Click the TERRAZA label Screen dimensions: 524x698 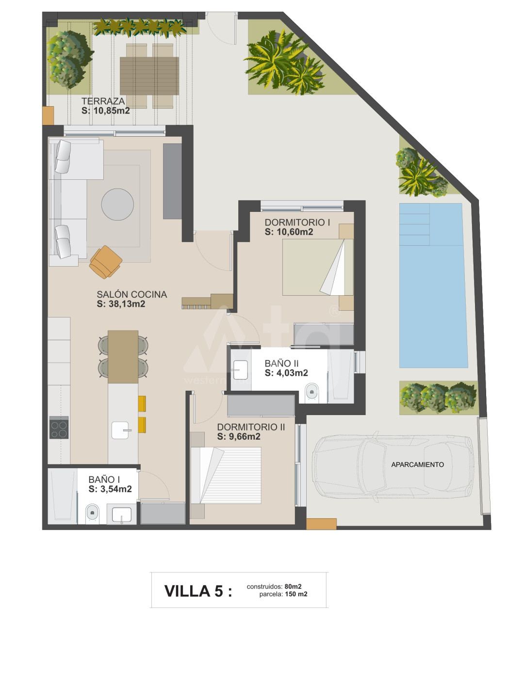(x=103, y=101)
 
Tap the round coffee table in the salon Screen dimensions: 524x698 (x=117, y=204)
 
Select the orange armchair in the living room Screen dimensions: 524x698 (x=106, y=262)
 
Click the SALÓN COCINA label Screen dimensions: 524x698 (x=131, y=294)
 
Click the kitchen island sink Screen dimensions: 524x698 (x=121, y=430)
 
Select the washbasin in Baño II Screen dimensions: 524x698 (x=240, y=370)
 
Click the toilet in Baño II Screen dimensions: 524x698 (x=311, y=393)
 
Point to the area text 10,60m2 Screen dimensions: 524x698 (x=295, y=232)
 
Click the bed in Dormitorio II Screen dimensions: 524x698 (x=226, y=476)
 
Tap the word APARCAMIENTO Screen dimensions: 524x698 (x=417, y=464)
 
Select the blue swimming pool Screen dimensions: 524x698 (x=433, y=285)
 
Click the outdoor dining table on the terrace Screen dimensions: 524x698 (x=149, y=76)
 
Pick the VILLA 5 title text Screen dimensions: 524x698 (x=198, y=591)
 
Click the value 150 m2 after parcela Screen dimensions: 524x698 (x=296, y=594)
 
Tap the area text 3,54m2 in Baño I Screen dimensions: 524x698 (x=116, y=489)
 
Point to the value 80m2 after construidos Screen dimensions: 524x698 (x=293, y=587)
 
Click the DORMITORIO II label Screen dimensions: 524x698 (x=251, y=427)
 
